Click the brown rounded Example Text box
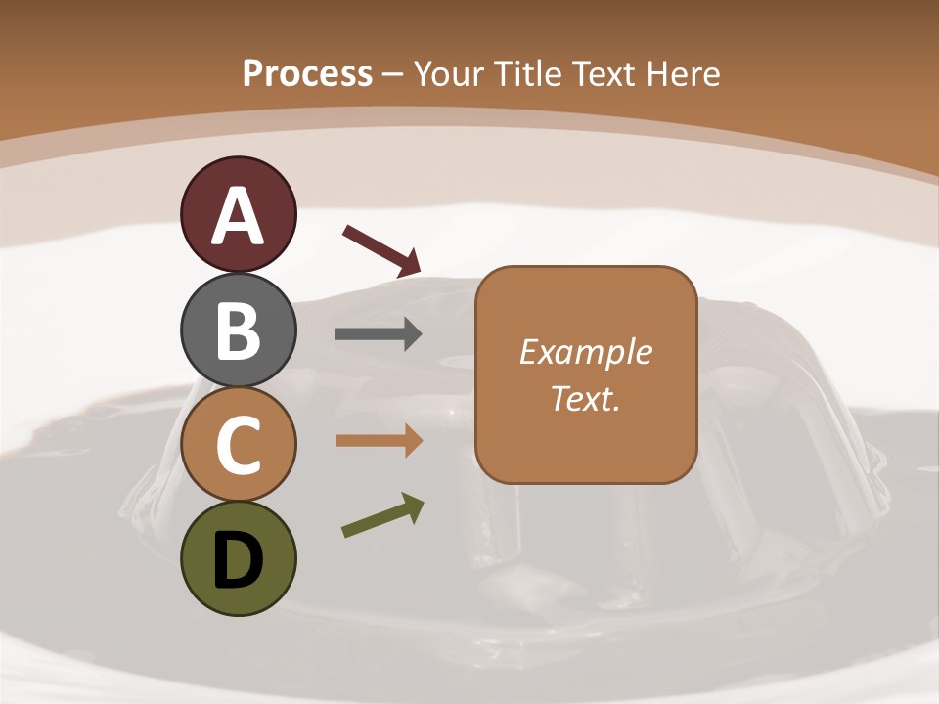[x=586, y=374]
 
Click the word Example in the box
[x=586, y=352]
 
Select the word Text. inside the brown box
[x=586, y=399]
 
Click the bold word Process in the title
[x=307, y=73]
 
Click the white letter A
[x=238, y=216]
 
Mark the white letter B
[x=238, y=330]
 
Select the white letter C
[x=238, y=444]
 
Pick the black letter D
[x=238, y=559]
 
